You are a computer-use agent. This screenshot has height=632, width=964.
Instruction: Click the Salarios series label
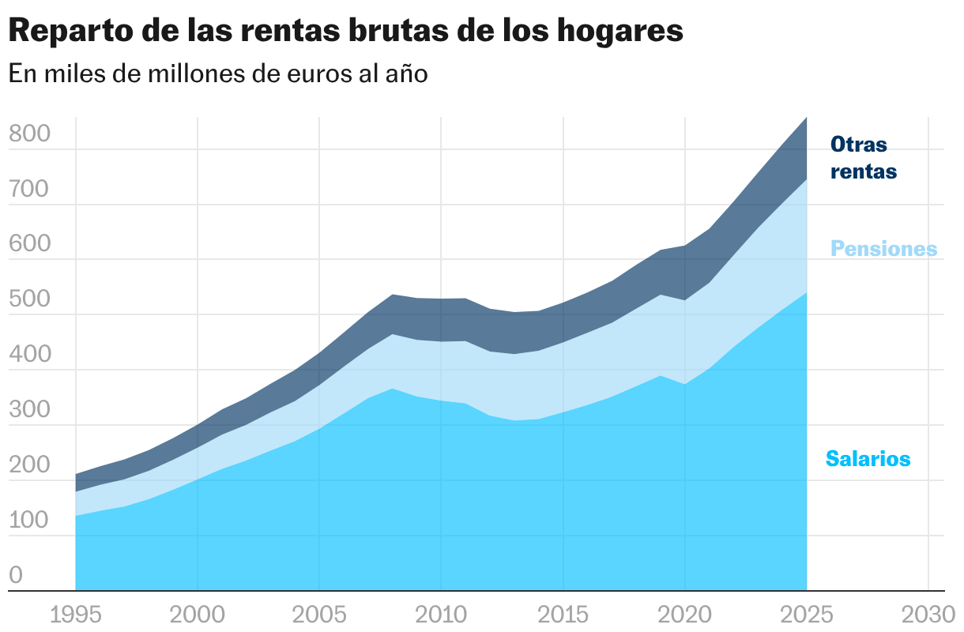(868, 458)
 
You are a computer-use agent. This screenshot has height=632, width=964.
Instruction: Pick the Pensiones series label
(883, 249)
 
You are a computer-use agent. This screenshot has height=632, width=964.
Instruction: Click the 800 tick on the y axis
(29, 134)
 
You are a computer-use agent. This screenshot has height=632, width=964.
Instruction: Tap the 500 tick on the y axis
(29, 300)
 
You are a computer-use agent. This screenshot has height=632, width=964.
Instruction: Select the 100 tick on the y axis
(29, 521)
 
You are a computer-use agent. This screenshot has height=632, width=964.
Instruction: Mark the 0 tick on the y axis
(16, 576)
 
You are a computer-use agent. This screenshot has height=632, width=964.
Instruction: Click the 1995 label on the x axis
(76, 614)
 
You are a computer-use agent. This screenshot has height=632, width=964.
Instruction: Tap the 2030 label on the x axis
(928, 614)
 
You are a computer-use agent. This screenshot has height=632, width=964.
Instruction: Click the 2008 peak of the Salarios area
(393, 389)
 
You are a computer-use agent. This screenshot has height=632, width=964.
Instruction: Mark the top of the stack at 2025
(806, 118)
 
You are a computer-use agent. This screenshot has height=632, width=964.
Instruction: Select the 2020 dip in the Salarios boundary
(684, 385)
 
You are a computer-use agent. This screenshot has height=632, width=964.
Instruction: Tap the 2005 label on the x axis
(319, 614)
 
